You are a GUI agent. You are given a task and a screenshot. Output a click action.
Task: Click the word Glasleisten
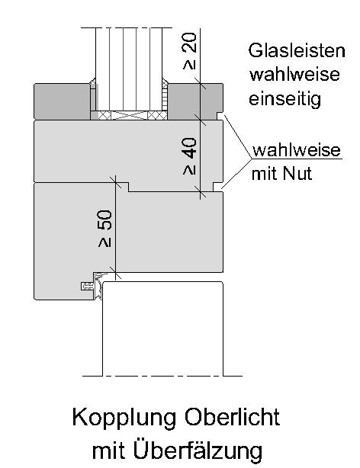297,51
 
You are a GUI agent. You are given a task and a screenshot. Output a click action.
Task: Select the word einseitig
284,99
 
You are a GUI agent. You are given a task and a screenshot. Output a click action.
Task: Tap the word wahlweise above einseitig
294,75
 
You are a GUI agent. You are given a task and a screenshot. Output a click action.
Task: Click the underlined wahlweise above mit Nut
297,150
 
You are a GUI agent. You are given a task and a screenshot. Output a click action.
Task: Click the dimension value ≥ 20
190,51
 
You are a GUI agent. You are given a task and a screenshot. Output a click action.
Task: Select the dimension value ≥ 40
190,155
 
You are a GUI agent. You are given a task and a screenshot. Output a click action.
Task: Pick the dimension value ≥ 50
104,229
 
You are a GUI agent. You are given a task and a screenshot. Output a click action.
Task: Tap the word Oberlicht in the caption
233,417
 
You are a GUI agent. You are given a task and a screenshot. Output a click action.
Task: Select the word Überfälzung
198,450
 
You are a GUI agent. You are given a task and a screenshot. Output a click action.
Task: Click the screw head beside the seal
87,287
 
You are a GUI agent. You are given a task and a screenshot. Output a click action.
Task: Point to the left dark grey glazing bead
62,101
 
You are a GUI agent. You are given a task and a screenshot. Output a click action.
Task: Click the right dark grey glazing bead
195,101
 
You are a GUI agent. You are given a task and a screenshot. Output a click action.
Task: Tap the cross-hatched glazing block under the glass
129,115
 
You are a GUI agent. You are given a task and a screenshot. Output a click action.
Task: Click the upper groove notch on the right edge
220,117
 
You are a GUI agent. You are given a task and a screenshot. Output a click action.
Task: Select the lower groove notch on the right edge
217,187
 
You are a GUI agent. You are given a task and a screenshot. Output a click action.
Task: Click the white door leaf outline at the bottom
162,329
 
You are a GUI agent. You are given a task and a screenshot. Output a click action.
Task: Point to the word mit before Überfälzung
109,451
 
